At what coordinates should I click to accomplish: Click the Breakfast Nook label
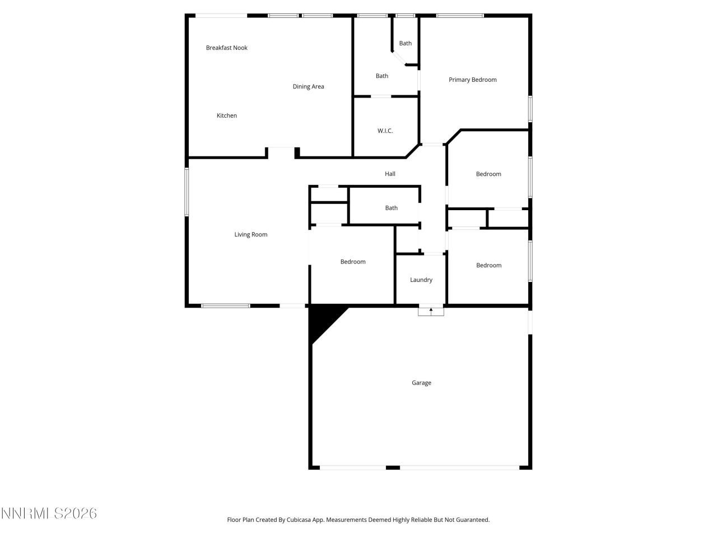click(226, 48)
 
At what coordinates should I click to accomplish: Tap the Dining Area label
click(308, 86)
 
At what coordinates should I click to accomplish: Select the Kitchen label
click(227, 115)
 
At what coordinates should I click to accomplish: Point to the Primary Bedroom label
click(472, 80)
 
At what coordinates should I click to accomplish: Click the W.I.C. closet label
click(385, 131)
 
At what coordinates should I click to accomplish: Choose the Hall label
click(390, 174)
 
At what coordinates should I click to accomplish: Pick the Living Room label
click(250, 234)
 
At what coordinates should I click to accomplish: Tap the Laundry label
click(421, 280)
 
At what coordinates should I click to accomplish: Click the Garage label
click(421, 383)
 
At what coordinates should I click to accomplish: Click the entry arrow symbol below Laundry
click(431, 310)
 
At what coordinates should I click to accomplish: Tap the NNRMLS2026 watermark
click(49, 513)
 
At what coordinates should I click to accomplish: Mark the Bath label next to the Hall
click(391, 208)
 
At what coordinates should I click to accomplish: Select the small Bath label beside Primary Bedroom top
click(405, 43)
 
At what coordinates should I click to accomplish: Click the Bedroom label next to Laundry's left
click(353, 262)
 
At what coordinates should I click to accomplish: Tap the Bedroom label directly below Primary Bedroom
click(488, 174)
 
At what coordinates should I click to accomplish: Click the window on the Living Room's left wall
click(187, 192)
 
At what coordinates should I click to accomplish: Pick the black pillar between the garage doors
click(393, 467)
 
